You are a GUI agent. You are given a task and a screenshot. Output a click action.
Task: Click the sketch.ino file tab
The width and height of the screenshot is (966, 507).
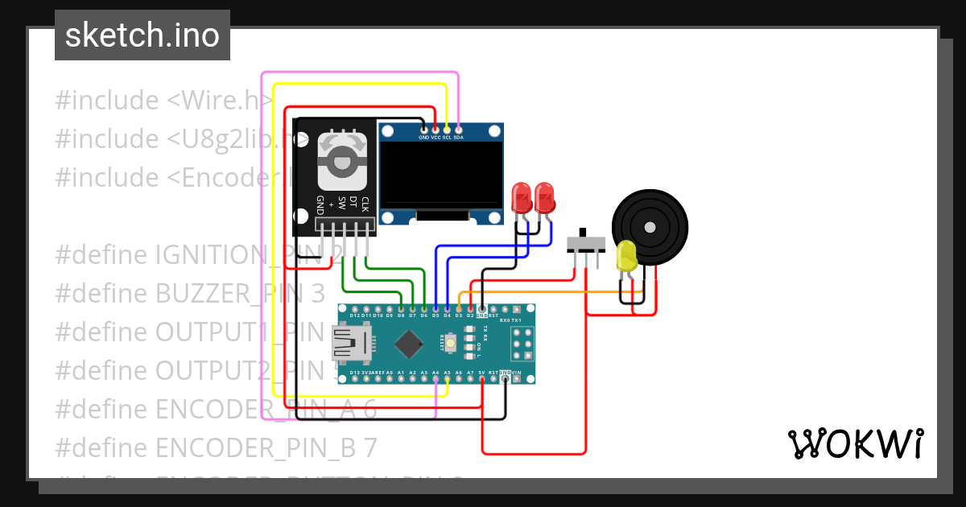pos(142,35)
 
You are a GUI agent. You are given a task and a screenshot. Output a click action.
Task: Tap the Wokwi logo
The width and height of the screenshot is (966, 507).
pos(854,443)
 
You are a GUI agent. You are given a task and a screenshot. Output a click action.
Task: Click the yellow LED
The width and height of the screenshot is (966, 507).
pos(626,257)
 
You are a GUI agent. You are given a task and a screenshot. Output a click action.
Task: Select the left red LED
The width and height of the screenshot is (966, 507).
pos(522,197)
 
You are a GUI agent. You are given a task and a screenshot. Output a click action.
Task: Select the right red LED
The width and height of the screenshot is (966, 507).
pos(545,197)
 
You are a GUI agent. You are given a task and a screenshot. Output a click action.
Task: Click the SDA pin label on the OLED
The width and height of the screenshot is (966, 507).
pos(458,138)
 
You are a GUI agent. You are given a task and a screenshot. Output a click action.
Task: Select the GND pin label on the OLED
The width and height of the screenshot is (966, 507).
pos(423,138)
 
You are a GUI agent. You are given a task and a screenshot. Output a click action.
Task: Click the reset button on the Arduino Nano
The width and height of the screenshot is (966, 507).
pos(450,344)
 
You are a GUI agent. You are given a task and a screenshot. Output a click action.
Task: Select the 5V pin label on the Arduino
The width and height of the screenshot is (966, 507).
pos(481,373)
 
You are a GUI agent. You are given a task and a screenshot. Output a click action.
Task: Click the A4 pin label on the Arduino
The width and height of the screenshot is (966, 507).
pos(436,373)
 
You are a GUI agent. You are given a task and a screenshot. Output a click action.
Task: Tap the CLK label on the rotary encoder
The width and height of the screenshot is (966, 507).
pos(365,204)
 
